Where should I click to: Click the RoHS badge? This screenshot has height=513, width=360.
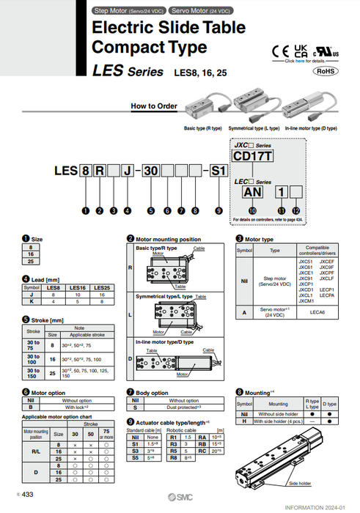[x=327, y=71]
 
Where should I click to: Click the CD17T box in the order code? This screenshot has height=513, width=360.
[x=253, y=156]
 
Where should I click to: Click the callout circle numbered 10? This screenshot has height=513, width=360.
[x=253, y=210]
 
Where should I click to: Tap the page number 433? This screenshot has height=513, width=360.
[x=27, y=495]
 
